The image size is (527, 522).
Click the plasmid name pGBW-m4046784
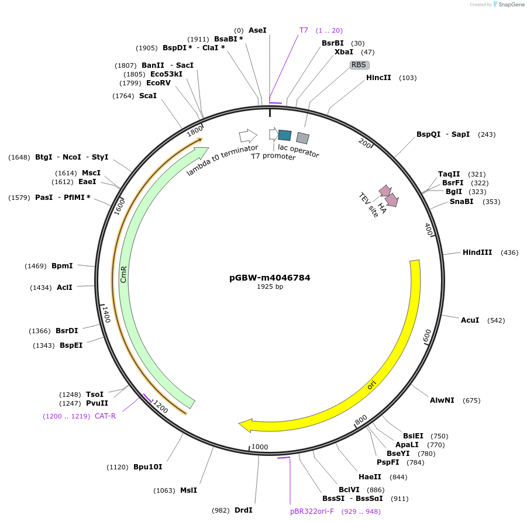click(270, 278)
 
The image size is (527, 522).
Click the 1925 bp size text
click(270, 287)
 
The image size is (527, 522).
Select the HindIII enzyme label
click(477, 253)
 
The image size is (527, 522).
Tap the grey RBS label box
click(359, 65)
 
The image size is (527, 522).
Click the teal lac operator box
click(285, 135)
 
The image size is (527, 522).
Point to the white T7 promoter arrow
click(273, 134)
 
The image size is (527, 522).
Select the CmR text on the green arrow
click(123, 274)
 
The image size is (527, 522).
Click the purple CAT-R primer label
click(105, 416)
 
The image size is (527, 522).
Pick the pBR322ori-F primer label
click(312, 511)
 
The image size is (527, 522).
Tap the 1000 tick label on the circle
click(259, 447)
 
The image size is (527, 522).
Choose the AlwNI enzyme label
click(442, 400)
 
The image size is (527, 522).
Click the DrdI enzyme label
click(243, 510)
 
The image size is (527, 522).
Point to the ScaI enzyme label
click(147, 95)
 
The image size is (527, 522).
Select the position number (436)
click(509, 253)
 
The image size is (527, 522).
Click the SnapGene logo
click(509, 5)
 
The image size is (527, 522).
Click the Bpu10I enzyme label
click(147, 467)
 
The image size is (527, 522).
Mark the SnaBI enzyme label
click(461, 202)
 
